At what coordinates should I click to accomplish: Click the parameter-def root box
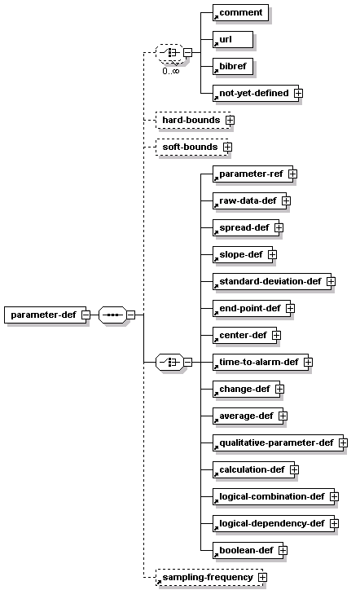tap(45, 315)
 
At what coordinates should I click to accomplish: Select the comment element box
tap(240, 13)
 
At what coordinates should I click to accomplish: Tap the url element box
tap(233, 39)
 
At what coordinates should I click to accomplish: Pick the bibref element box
tap(233, 67)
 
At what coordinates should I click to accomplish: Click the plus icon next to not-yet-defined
tap(298, 93)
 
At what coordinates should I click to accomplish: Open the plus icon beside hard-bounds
tap(230, 120)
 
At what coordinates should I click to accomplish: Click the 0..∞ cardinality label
tap(171, 71)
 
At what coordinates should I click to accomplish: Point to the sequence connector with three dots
tap(112, 315)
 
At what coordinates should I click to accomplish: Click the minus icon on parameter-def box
tap(86, 315)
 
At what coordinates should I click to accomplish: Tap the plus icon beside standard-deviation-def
tap(331, 281)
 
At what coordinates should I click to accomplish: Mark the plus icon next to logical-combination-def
tap(334, 496)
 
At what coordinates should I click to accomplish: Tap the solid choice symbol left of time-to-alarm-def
tap(169, 363)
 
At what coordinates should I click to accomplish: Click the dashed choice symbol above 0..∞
tap(169, 52)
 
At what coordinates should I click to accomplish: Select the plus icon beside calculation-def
tap(295, 469)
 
